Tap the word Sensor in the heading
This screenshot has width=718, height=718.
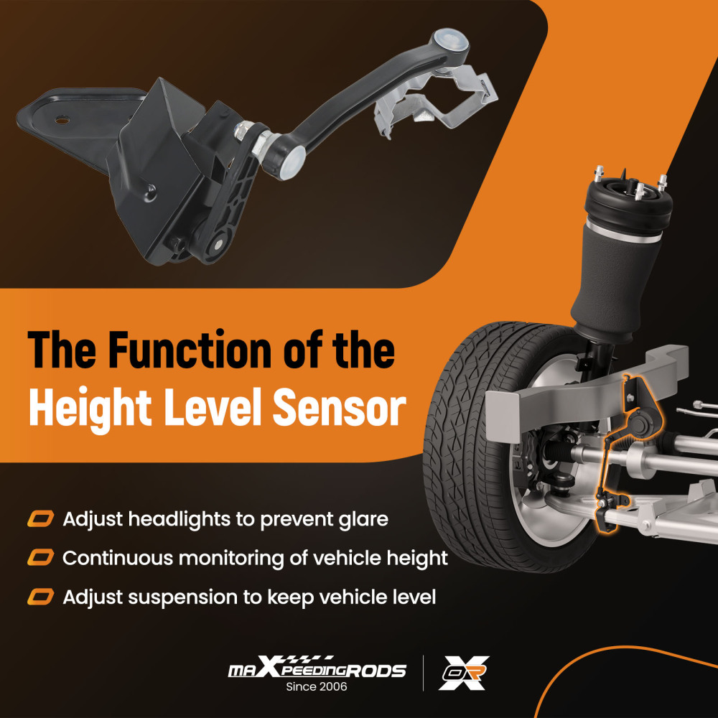pos(340,407)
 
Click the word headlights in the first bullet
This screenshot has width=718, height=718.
pos(179,519)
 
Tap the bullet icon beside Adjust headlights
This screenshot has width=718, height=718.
pos(40,519)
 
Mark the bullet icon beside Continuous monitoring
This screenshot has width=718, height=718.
pos(40,558)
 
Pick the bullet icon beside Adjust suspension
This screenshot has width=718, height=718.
pos(40,597)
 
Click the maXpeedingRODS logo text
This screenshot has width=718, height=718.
pos(317,668)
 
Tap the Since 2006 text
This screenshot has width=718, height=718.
pos(317,686)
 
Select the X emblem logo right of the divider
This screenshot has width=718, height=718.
pos(463,673)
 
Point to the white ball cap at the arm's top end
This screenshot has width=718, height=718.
pos(451,40)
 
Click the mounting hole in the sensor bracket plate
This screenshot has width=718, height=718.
pos(62,121)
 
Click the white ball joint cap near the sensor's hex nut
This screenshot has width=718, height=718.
pos(293,162)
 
